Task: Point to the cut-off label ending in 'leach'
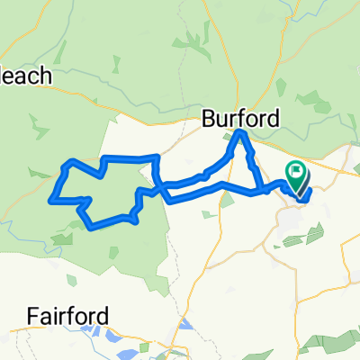[27, 77]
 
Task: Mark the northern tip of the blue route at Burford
[240, 133]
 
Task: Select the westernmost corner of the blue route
[53, 195]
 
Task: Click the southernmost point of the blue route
[94, 228]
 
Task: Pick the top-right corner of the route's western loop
[157, 157]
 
